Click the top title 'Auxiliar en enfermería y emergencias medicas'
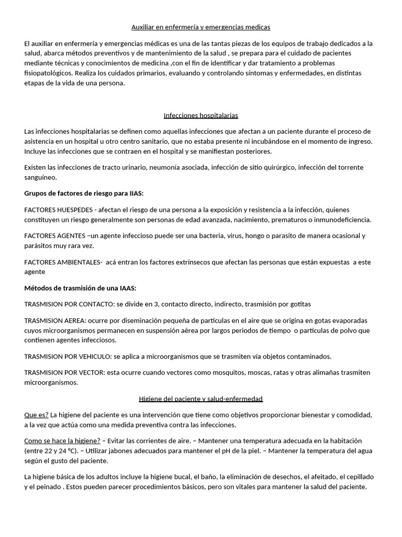coord(200,26)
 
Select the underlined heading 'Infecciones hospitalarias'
coord(200,115)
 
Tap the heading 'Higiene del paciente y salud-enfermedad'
coord(200,399)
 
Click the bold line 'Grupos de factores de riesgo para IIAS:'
coord(84,194)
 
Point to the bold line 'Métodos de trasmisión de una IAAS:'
coord(80,288)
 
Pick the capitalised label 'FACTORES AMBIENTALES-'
coord(63,262)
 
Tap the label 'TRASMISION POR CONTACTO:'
coord(69,304)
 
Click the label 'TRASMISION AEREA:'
coord(55,320)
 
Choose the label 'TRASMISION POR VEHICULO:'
coord(68,356)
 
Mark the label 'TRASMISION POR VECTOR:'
coord(65,372)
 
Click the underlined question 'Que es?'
coord(37,414)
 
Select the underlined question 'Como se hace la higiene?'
coord(62,441)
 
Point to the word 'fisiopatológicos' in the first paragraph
coord(49,73)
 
